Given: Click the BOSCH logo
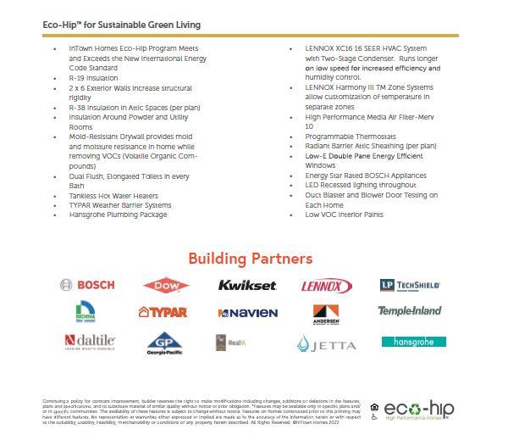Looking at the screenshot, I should coord(88,285).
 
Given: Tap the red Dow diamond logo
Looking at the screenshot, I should coord(166,286).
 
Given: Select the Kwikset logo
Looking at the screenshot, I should coord(246,285).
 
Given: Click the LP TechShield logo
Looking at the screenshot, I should coord(410,285).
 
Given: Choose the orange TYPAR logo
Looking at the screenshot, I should coord(163,312).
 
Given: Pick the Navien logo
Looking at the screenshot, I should coord(247,313).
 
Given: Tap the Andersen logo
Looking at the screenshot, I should coord(326,314).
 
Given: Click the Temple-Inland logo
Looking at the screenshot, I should coord(410,311).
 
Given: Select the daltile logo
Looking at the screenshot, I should coord(89,342).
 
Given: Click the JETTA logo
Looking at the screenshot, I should coord(322,343).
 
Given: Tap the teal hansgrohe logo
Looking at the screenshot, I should coord(412,342).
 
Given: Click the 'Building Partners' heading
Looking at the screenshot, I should coord(250,258).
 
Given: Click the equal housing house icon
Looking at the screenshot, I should coord(375,406).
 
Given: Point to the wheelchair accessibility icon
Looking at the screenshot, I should coord(375,417).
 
